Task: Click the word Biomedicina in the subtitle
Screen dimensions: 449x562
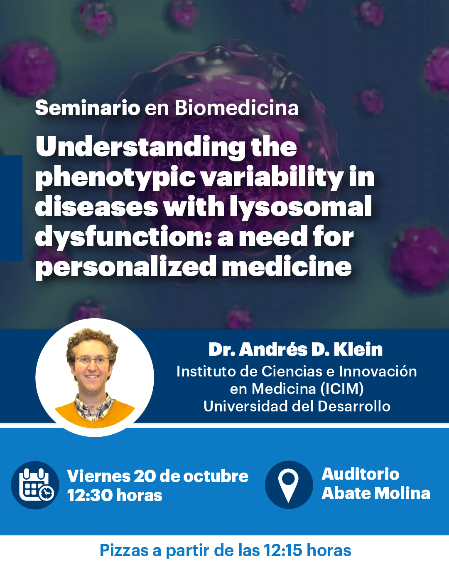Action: pos(236,108)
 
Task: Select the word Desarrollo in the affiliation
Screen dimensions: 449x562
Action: pos(354,406)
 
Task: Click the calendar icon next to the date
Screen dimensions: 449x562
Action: pos(36,485)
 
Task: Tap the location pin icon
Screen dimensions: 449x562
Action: pos(289,485)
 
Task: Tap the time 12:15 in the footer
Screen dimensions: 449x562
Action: pos(282,550)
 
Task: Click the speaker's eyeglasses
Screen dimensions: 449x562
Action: pos(92,361)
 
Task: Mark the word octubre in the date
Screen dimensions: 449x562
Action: pos(216,476)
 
